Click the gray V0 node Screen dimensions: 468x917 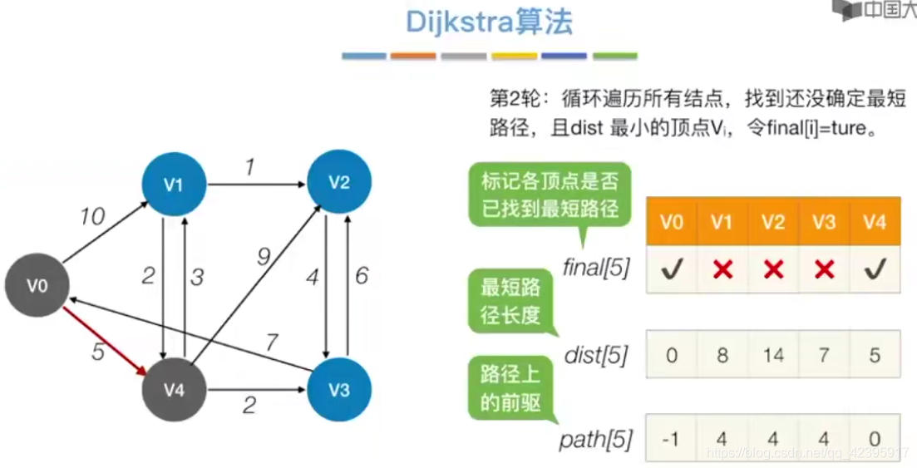pos(37,286)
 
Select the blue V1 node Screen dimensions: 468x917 pos(173,185)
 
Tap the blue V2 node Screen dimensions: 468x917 pos(338,182)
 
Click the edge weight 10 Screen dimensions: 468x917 pos(92,218)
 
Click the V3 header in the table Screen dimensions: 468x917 pos(824,222)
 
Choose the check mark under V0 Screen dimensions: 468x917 pos(672,269)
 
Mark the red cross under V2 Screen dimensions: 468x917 pos(773,269)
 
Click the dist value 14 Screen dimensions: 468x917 pos(773,356)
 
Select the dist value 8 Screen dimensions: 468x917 pos(722,356)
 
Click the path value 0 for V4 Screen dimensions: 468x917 pos(875,437)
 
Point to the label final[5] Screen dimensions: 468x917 pos(595,268)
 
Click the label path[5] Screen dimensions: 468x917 pos(597,437)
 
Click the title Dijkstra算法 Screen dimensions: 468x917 pos(489,22)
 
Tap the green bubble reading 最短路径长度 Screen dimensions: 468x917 pos(510,302)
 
